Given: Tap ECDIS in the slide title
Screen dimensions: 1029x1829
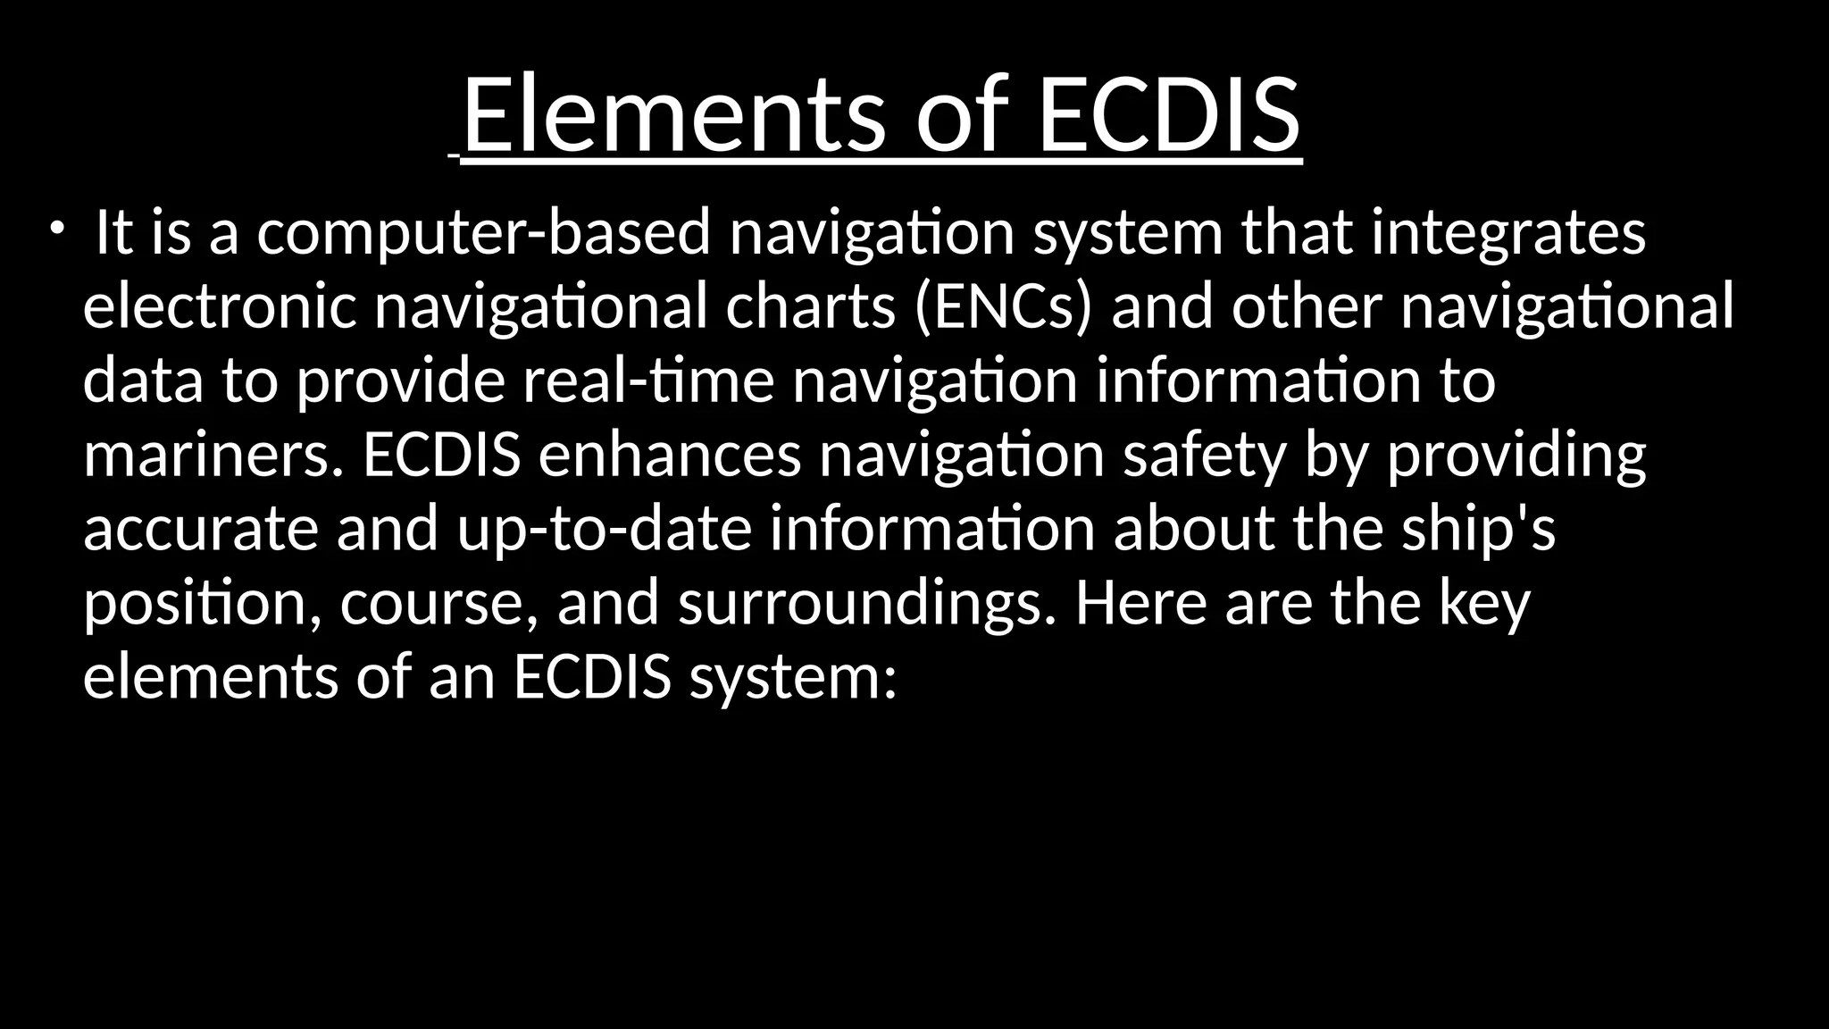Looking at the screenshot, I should pyautogui.click(x=1169, y=115).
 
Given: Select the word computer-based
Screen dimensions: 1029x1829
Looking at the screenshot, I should pyautogui.click(x=483, y=234).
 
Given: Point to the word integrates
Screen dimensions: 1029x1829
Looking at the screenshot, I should pyautogui.click(x=1507, y=234).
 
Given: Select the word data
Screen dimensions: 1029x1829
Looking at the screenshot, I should pyautogui.click(x=143, y=381).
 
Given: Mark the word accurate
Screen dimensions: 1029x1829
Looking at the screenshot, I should pyautogui.click(x=200, y=530).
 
